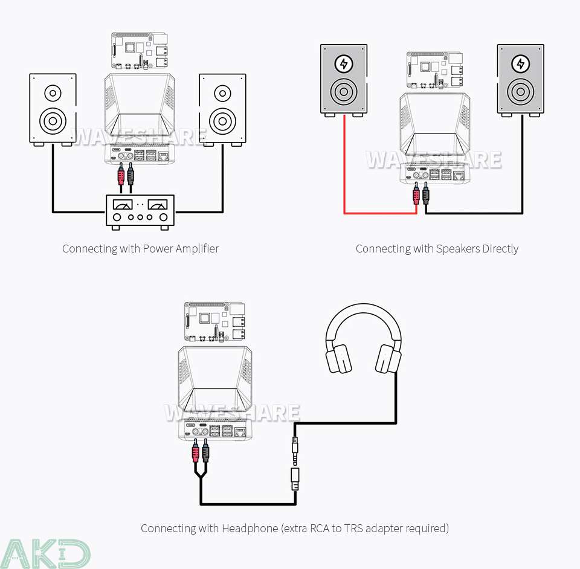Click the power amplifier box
tap(140, 210)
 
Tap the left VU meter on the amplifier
tap(123, 205)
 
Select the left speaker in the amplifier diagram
tap(53, 109)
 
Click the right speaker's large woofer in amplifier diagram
tap(222, 120)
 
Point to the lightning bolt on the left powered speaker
tap(344, 63)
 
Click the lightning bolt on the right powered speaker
tap(520, 63)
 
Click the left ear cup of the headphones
tap(339, 359)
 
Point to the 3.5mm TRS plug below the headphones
tap(295, 447)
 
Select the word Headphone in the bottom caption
tap(250, 529)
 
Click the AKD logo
tap(45, 553)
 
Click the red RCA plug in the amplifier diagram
tap(121, 176)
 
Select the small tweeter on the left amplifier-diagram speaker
tap(53, 94)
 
